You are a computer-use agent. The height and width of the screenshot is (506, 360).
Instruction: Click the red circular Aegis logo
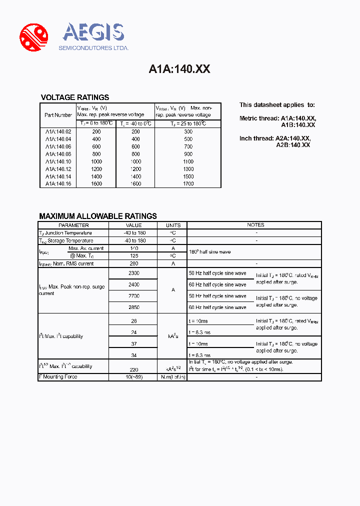[x=33, y=37]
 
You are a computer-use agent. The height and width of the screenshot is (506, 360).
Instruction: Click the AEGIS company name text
[x=93, y=33]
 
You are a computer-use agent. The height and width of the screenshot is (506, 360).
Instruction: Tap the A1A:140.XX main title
[x=179, y=69]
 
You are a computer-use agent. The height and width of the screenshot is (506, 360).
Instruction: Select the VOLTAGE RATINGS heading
[x=74, y=97]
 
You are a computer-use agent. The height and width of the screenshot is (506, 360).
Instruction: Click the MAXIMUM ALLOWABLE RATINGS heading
[x=98, y=216]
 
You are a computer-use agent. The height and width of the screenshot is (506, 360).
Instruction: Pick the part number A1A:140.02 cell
[x=58, y=132]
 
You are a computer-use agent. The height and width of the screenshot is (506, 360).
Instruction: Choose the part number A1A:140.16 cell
[x=58, y=183]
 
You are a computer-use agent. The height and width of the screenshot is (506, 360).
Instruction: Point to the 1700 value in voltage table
[x=187, y=183]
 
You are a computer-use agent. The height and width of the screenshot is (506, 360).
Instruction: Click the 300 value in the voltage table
[x=187, y=132]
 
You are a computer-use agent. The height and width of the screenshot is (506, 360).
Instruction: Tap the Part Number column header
[x=58, y=115]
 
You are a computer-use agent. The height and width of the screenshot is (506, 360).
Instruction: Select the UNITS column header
[x=173, y=225]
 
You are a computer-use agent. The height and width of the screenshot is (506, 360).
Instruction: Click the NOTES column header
[x=255, y=225]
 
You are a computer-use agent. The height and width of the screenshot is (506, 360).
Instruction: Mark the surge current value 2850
[x=133, y=307]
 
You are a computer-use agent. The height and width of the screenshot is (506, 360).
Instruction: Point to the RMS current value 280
[x=133, y=263]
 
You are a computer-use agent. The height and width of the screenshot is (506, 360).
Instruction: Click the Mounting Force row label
[x=58, y=376]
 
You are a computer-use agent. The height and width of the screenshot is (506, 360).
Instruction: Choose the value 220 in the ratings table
[x=133, y=369]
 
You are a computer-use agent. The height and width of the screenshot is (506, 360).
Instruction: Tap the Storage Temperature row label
[x=65, y=240]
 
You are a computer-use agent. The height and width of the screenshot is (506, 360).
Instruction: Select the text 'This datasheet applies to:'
[x=277, y=105]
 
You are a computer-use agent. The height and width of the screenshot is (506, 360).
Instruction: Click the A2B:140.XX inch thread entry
[x=293, y=144]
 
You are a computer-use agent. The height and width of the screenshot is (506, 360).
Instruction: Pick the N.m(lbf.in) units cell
[x=173, y=376]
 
